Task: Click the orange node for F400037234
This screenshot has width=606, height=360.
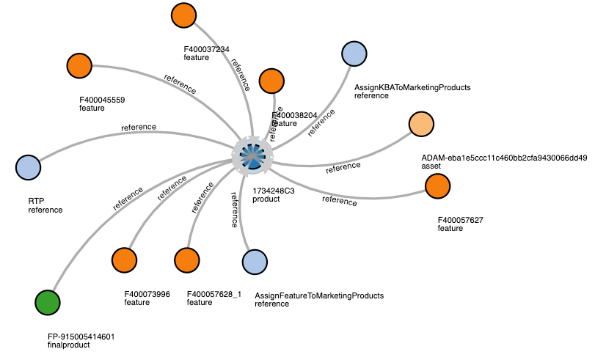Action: click(183, 15)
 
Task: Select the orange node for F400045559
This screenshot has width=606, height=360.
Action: click(79, 65)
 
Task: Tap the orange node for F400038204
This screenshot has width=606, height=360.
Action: click(271, 81)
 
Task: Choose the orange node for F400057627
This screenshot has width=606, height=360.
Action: click(437, 187)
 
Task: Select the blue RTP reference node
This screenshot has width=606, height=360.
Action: click(28, 166)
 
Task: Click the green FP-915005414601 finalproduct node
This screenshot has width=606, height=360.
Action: click(48, 301)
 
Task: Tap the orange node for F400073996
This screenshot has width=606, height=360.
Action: click(125, 260)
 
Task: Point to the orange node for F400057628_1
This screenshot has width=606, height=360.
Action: click(187, 260)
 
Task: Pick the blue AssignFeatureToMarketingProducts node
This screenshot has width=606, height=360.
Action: click(255, 262)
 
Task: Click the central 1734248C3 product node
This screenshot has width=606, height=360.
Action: click(252, 155)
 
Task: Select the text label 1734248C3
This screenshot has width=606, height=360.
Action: click(274, 191)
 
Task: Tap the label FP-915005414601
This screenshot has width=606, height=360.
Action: click(81, 337)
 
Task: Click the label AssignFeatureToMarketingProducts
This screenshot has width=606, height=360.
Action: click(319, 295)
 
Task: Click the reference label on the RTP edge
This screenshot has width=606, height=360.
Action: click(139, 127)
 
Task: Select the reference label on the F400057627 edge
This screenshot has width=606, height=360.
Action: click(339, 200)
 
